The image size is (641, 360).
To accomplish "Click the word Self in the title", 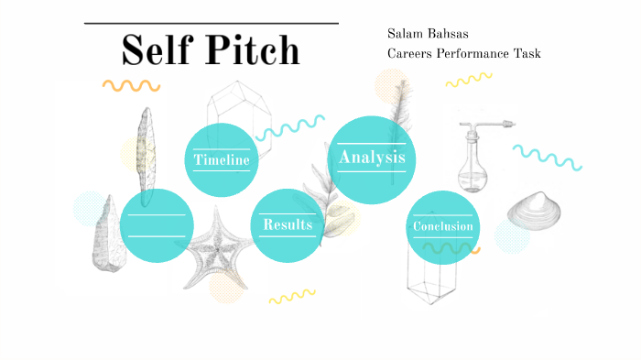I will tap(155, 49).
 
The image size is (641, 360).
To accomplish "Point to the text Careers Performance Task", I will tap(463, 53).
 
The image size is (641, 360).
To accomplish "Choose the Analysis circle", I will tap(371, 158).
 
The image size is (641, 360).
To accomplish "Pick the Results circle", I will tap(288, 225).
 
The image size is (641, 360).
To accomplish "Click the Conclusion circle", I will tap(443, 226).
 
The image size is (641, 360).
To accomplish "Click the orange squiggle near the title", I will tap(131, 86).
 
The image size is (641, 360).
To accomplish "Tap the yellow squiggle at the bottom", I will tap(291, 296).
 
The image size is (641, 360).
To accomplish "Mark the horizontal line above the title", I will tap(212, 23).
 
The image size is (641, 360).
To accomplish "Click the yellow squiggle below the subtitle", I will tap(469, 80).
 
